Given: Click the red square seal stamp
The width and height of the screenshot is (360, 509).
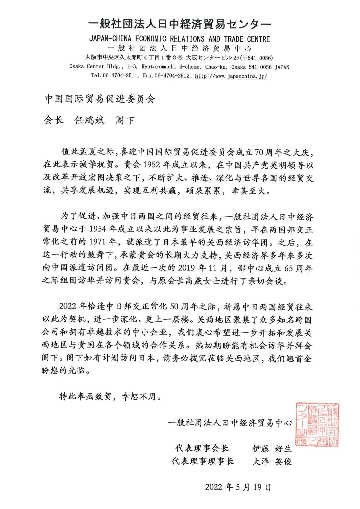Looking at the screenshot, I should click(x=317, y=424).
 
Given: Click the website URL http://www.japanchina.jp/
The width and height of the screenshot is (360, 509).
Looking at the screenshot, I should click(x=231, y=76).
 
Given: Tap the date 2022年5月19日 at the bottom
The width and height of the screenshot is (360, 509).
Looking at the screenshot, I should click(x=238, y=487).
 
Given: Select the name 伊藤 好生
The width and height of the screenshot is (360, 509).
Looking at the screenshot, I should click(x=272, y=449).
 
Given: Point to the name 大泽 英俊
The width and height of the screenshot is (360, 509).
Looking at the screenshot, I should click(x=272, y=462).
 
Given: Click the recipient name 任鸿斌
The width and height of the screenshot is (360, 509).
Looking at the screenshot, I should click(x=89, y=120).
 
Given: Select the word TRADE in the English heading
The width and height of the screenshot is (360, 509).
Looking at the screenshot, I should click(x=233, y=39).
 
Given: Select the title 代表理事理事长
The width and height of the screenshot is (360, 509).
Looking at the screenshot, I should click(x=203, y=462).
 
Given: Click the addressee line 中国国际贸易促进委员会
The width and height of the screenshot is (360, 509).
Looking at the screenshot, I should click(x=100, y=99).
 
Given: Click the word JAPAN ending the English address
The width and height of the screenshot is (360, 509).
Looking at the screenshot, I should click(x=282, y=67).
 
